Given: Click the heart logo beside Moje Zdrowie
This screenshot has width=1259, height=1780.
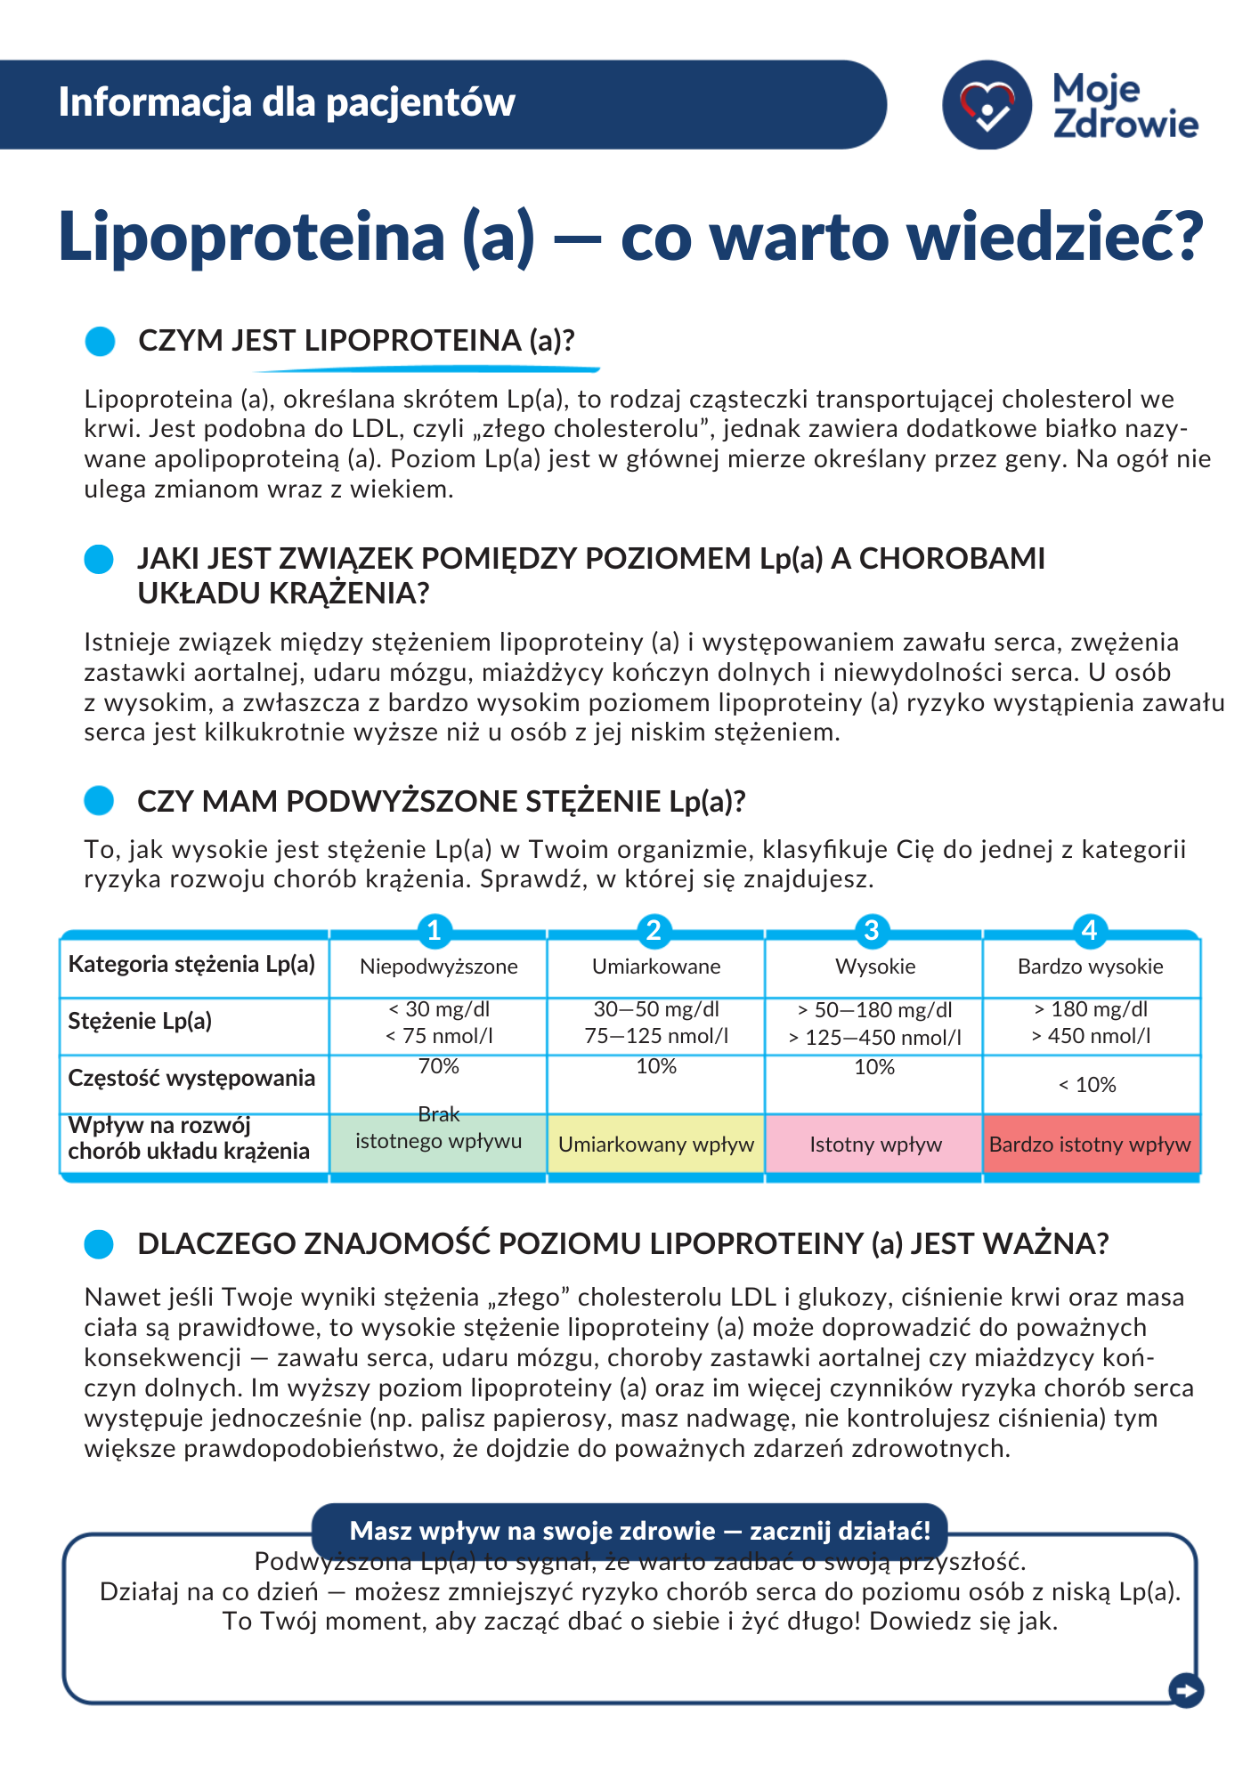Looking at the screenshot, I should click(x=987, y=105).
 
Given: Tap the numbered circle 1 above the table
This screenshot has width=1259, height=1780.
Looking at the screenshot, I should click(x=435, y=930).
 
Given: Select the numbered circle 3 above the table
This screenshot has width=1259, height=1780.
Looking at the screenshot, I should click(x=872, y=930).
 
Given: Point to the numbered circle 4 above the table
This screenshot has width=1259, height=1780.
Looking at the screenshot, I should click(x=1089, y=930).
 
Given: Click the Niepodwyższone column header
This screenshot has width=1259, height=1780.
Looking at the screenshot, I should click(x=438, y=967).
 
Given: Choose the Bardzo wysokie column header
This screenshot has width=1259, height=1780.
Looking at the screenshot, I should click(x=1090, y=967).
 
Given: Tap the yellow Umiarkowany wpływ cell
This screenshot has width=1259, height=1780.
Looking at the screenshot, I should click(x=656, y=1145).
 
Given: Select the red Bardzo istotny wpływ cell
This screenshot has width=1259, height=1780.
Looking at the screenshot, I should click(x=1090, y=1145).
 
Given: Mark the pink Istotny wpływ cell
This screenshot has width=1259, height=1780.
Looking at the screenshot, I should click(x=875, y=1145).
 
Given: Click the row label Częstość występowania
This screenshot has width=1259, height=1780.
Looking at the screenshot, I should click(x=191, y=1078).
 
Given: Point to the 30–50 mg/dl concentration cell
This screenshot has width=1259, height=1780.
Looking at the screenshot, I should click(x=656, y=1023).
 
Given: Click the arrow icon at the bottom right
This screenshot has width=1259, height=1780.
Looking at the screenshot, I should click(x=1185, y=1689).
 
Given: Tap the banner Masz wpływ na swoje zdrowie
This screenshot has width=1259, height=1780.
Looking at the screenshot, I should click(x=639, y=1531).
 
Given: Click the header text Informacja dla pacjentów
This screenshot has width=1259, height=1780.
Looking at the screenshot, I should click(x=287, y=102).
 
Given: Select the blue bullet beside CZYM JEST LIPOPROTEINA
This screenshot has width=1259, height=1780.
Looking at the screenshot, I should click(x=100, y=341).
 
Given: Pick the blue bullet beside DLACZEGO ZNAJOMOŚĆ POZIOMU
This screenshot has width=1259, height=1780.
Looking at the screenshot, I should click(x=99, y=1244).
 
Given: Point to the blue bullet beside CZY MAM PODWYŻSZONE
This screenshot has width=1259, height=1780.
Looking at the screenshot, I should click(x=99, y=801).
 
